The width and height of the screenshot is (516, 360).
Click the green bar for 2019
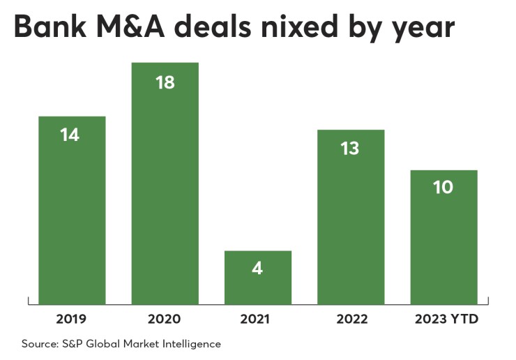pyautogui.click(x=72, y=209)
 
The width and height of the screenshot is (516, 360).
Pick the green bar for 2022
pyautogui.click(x=351, y=216)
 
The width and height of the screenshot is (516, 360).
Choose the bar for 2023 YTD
pyautogui.click(x=443, y=237)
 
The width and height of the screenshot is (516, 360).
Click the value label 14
pyautogui.click(x=70, y=135)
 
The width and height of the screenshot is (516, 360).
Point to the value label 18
pyautogui.click(x=165, y=82)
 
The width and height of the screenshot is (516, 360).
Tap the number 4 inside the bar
pyautogui.click(x=257, y=268)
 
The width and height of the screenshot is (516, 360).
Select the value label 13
pyautogui.click(x=350, y=148)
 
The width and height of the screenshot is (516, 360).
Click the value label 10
pyautogui.click(x=443, y=188)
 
